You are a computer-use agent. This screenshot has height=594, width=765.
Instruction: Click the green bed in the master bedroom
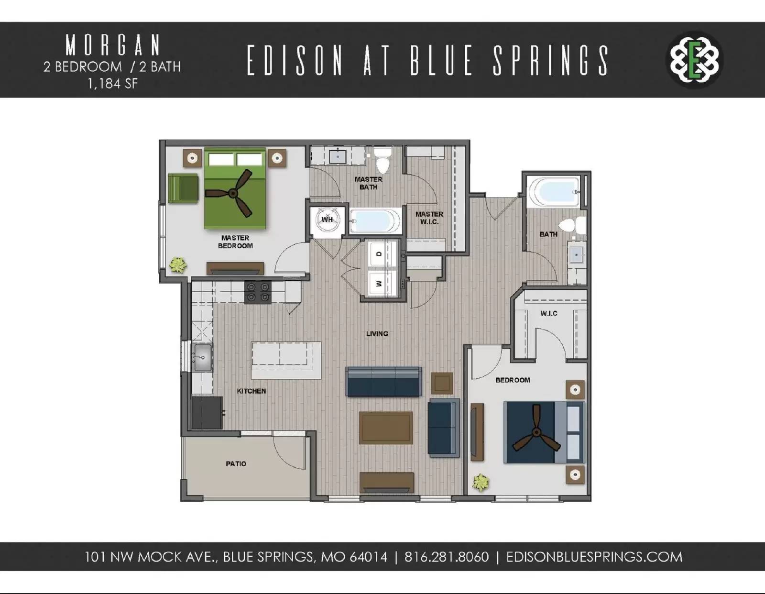click(x=234, y=189)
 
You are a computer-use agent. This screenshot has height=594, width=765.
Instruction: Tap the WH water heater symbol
click(x=327, y=220)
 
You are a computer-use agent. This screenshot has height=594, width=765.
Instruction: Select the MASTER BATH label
click(x=368, y=183)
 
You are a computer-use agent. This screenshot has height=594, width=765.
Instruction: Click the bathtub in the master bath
click(x=375, y=221)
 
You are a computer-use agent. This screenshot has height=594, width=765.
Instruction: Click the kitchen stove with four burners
click(x=258, y=292)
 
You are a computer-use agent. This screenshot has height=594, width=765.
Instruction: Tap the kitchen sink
click(x=202, y=357)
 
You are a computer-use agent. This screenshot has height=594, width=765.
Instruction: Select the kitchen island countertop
click(x=286, y=360)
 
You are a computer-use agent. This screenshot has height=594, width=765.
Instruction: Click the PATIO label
click(x=236, y=463)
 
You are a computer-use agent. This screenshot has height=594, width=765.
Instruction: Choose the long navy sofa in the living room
click(x=383, y=382)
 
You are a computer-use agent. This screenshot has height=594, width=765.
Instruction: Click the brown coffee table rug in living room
click(x=386, y=428)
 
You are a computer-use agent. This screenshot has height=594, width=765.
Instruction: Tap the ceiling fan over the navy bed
click(x=536, y=433)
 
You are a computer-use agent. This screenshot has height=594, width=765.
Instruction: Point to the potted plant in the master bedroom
click(x=178, y=264)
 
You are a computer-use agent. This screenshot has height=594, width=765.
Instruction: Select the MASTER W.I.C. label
click(x=429, y=218)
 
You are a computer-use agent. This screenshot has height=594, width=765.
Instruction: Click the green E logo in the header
click(x=694, y=60)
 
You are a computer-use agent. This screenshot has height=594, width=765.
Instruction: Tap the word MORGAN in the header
click(x=113, y=45)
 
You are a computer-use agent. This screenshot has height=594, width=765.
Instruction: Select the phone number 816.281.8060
click(x=447, y=557)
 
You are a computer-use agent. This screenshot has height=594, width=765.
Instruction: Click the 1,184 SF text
click(x=112, y=84)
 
